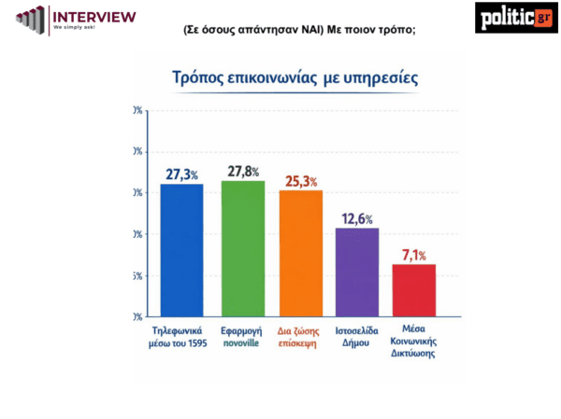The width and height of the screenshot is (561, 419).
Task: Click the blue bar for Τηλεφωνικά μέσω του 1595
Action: point(182,250)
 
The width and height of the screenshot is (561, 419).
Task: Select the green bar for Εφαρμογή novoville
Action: point(242,248)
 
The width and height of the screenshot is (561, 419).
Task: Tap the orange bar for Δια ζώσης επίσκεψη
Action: point(300,253)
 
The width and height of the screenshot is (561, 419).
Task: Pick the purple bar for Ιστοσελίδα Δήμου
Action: point(357,272)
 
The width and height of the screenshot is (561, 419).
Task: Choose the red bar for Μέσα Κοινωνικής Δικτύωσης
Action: point(413,290)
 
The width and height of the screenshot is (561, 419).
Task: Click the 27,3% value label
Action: point(183,174)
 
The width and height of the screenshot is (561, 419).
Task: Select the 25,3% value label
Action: point(301,179)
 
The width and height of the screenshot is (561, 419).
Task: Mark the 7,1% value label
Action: point(414,254)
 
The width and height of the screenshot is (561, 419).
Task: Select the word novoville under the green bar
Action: point(242,342)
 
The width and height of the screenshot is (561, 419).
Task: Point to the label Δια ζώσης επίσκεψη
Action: point(300,336)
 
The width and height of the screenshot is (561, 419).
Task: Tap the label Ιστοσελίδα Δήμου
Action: point(357,336)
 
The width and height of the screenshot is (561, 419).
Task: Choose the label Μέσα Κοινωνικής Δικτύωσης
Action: point(414,342)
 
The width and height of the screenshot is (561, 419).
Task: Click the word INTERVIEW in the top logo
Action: point(94,16)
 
